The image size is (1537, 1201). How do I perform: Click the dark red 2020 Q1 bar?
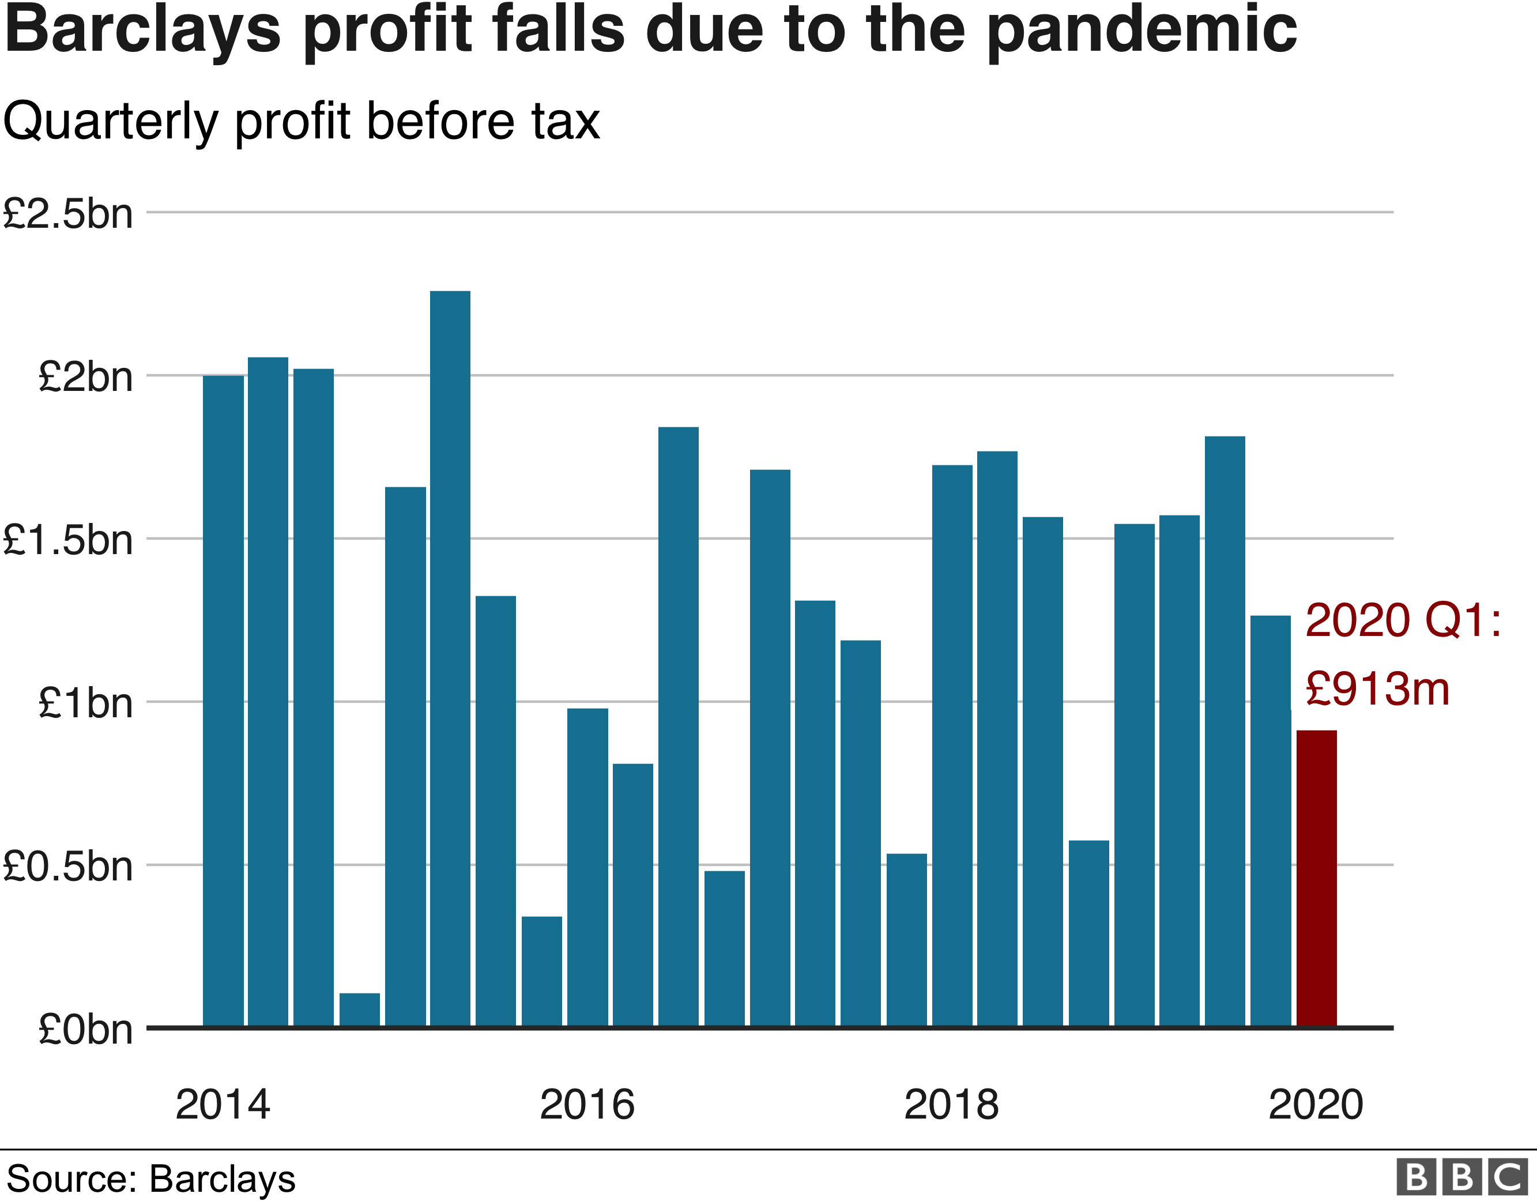coord(1316,879)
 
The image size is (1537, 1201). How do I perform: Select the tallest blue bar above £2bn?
coord(450,658)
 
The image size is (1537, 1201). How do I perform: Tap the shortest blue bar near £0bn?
coord(359,1010)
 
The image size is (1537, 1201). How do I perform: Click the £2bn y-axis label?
coord(85,377)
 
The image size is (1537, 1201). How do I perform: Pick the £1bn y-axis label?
coord(85,703)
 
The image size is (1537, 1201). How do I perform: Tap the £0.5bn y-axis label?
coord(67,866)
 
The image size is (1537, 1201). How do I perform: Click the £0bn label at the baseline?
coord(85,1029)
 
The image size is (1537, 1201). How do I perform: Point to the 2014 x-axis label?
coord(223,1104)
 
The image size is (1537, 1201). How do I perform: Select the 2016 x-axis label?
coord(587,1104)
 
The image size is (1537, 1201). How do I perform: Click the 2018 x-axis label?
coord(951,1104)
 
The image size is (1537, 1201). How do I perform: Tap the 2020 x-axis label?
coord(1315,1104)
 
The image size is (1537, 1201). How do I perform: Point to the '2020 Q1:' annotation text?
coord(1403,621)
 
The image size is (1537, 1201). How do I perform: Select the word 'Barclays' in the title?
coord(143,32)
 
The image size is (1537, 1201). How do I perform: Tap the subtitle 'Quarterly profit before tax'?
coord(301,122)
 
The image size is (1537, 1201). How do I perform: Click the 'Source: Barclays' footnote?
coord(150,1179)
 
